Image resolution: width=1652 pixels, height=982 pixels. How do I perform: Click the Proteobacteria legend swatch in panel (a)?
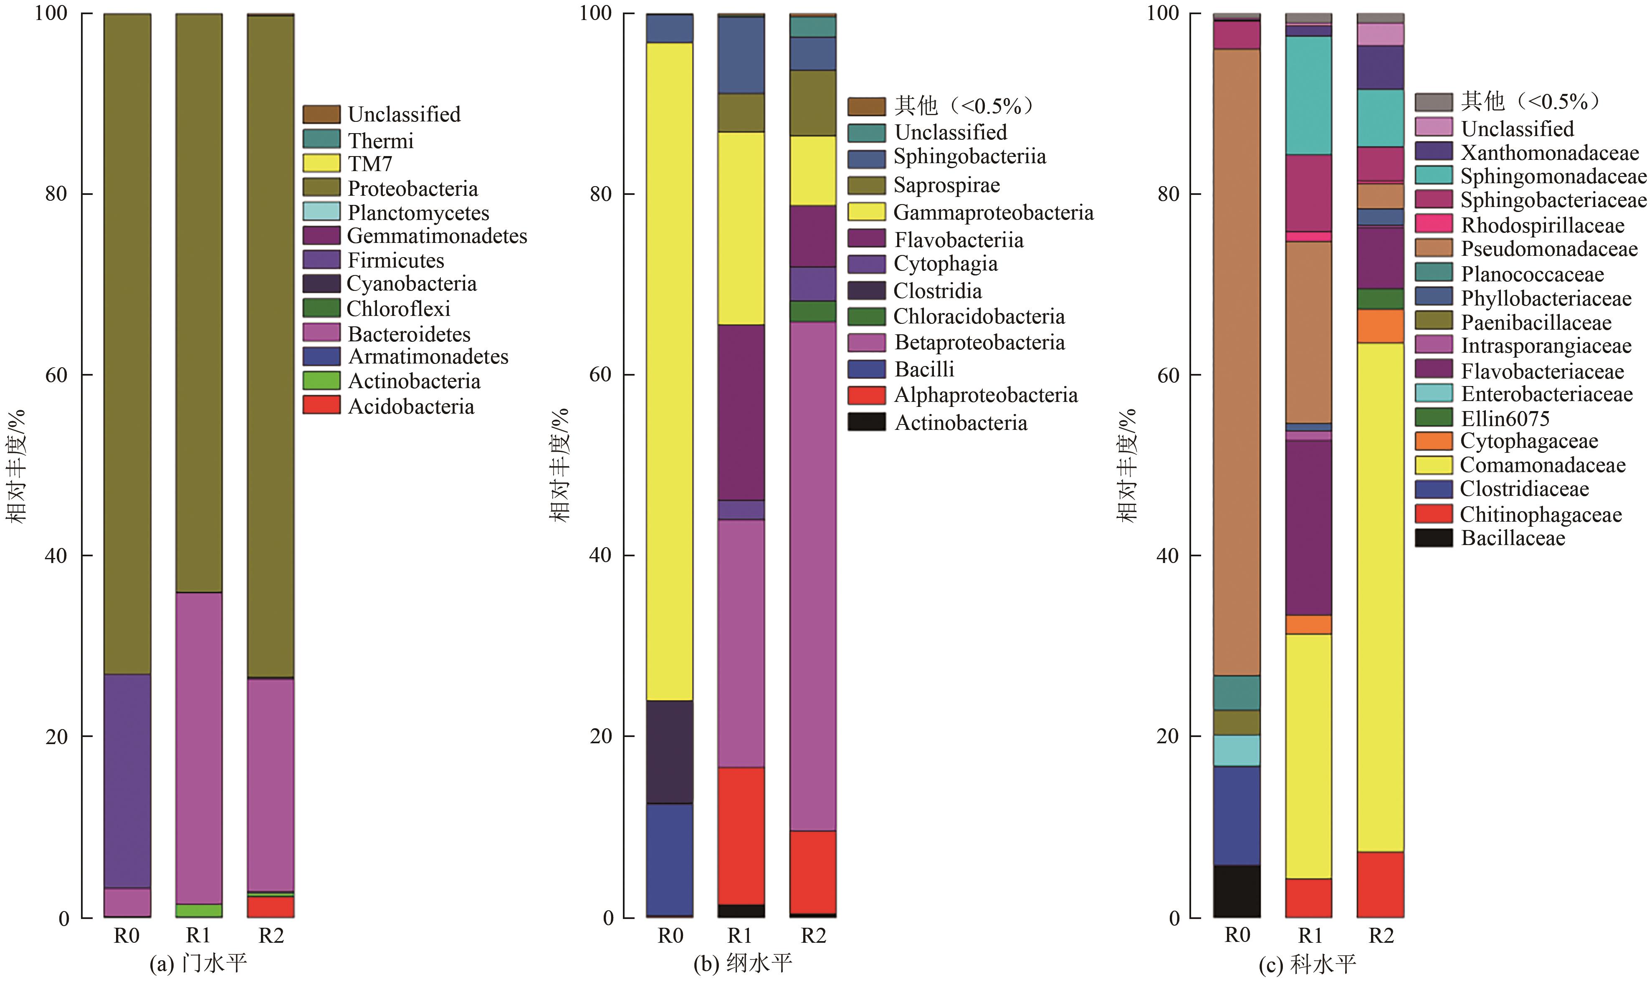[321, 187]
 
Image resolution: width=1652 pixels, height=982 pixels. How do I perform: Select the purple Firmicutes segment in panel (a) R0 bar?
[127, 781]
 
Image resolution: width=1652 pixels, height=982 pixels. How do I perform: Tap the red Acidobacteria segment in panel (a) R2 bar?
[271, 906]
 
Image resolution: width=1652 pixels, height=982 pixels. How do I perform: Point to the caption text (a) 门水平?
[199, 963]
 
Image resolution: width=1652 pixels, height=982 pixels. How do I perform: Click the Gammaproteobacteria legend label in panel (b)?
[993, 212]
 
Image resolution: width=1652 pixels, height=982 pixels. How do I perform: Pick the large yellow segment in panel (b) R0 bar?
[670, 371]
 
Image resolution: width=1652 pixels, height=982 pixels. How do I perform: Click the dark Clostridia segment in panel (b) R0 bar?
[670, 752]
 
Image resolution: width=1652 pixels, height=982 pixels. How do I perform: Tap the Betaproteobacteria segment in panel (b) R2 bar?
[813, 576]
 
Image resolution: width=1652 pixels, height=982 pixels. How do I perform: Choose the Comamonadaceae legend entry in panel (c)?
[1542, 465]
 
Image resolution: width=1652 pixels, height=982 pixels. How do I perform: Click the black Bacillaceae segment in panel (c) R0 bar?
[1236, 891]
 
